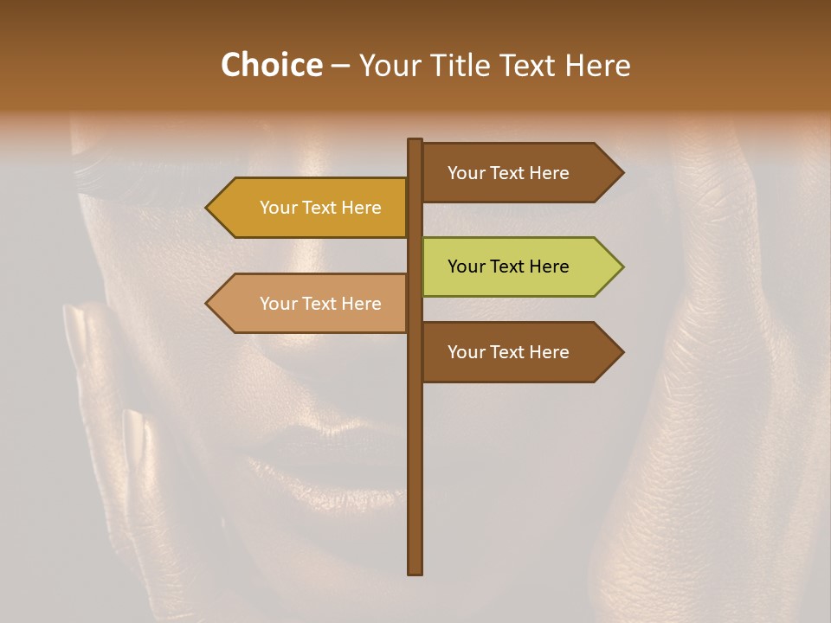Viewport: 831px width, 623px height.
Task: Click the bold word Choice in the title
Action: (271, 66)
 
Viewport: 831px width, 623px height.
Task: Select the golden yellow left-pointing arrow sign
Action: (312, 208)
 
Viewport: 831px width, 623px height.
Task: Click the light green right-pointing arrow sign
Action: (519, 267)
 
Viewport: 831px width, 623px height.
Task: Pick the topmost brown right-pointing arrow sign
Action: (519, 173)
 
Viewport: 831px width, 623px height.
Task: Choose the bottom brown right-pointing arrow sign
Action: (519, 352)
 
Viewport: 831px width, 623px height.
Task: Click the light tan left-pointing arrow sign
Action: (312, 304)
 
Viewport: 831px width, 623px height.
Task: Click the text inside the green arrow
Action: (508, 267)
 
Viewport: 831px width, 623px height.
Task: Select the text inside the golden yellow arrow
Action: (320, 208)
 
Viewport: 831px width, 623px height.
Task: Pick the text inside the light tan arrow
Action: (320, 304)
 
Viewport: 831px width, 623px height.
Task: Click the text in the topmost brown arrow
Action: (508, 173)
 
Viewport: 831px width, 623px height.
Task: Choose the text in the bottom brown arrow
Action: (508, 352)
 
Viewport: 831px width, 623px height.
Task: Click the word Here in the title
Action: (598, 66)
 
